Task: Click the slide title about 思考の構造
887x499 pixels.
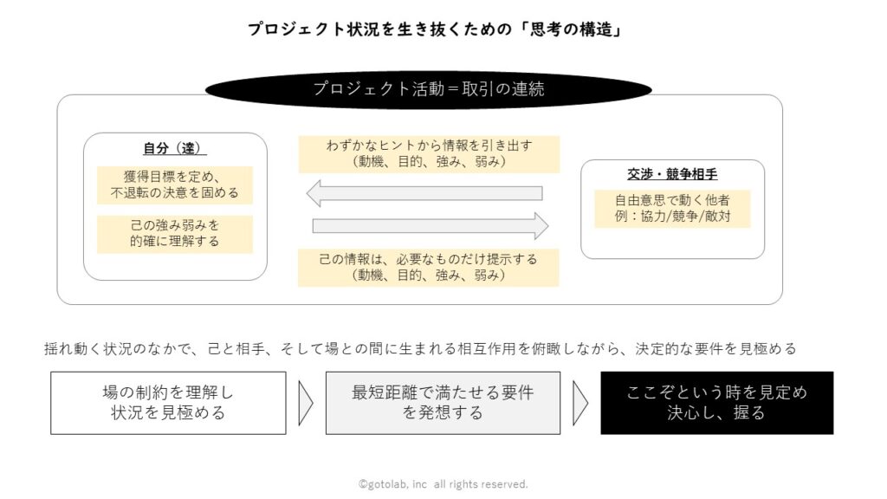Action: point(435,29)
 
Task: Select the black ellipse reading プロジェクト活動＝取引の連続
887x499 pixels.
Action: point(428,89)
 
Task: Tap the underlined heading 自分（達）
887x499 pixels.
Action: point(174,148)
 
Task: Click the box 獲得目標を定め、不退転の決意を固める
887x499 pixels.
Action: point(175,185)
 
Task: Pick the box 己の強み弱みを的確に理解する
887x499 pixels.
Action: point(175,234)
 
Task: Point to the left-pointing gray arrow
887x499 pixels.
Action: point(424,193)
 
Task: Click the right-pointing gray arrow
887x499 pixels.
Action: point(431,226)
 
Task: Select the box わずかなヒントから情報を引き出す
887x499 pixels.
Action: point(430,154)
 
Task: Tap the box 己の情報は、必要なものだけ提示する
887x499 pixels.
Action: point(428,268)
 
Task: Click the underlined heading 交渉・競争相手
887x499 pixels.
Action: point(672,174)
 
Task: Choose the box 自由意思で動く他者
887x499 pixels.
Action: point(672,209)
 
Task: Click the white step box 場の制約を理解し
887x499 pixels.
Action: point(168,403)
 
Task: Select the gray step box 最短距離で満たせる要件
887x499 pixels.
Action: point(443,403)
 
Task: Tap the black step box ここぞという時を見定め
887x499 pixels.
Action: point(716,403)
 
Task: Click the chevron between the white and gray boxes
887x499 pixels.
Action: point(306,403)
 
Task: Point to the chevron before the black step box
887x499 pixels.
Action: point(580,403)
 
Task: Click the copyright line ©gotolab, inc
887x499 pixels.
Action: point(443,484)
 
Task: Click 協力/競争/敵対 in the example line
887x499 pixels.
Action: point(686,217)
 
